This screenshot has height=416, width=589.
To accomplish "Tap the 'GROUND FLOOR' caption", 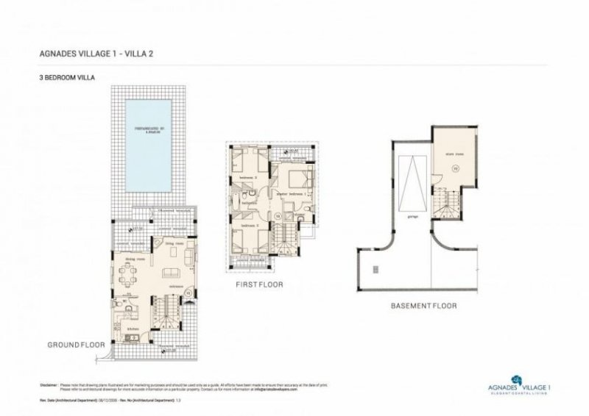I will [76, 344].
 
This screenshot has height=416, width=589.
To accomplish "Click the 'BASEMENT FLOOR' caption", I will [425, 305].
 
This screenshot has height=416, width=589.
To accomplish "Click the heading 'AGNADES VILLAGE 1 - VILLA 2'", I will [95, 54].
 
